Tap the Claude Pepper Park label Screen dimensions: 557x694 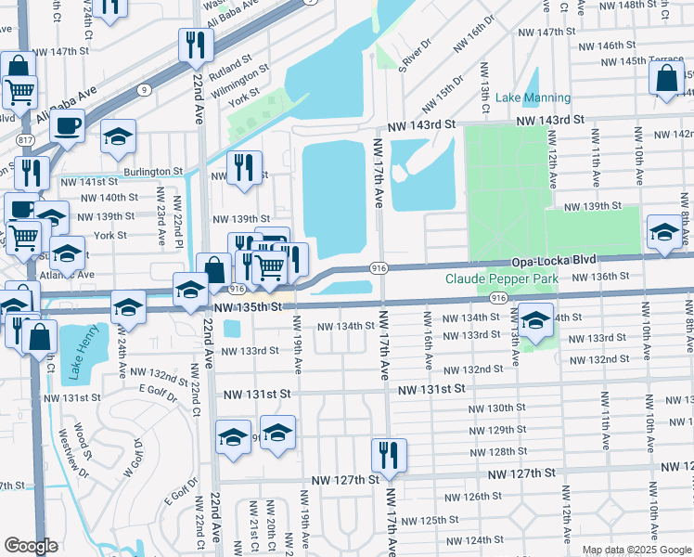501,278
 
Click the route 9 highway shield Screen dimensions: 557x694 144,90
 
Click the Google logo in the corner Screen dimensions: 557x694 31,546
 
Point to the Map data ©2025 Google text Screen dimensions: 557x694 636,550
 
